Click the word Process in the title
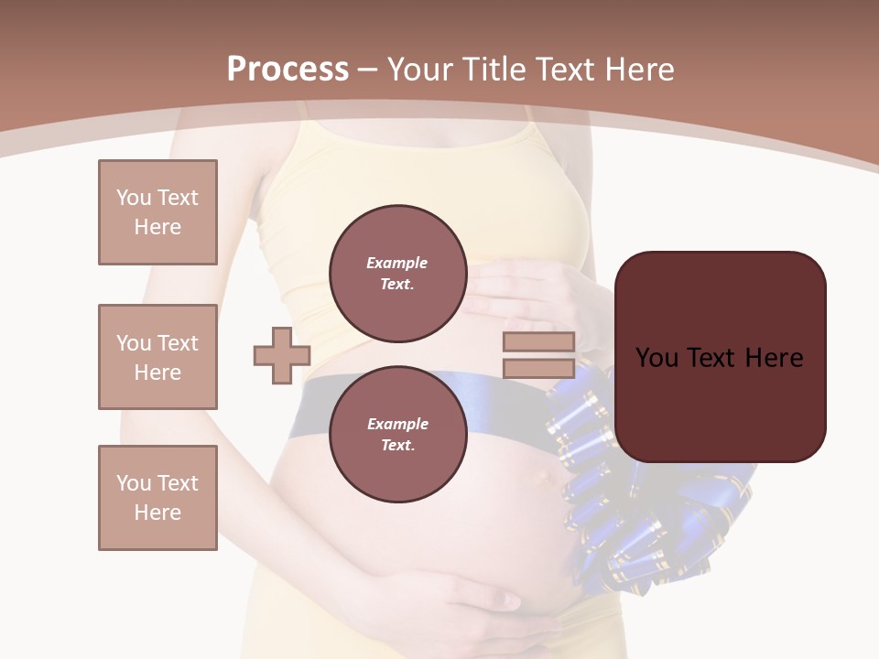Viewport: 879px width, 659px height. click(288, 70)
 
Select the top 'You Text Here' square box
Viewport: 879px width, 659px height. click(157, 212)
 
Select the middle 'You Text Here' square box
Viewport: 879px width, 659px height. click(157, 357)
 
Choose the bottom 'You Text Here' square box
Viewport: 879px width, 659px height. click(157, 498)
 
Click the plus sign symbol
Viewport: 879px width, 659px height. click(282, 355)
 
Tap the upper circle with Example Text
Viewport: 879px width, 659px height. click(397, 273)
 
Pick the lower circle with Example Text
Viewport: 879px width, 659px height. click(397, 434)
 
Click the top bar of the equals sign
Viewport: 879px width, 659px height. click(538, 341)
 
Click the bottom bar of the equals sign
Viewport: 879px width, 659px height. click(538, 369)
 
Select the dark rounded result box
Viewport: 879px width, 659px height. click(720, 357)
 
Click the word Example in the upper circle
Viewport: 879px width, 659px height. click(397, 263)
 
